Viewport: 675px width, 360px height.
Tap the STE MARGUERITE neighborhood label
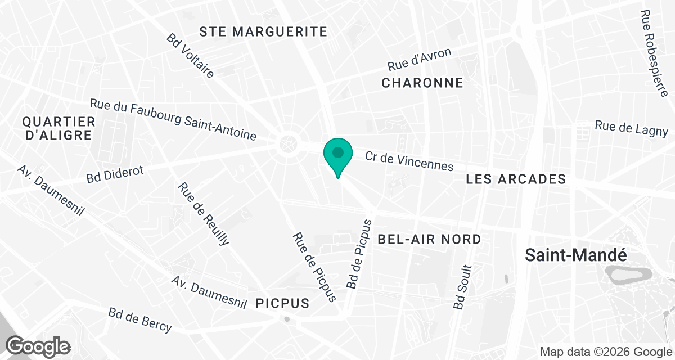pyautogui.click(x=264, y=31)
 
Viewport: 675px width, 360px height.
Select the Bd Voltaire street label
pyautogui.click(x=191, y=55)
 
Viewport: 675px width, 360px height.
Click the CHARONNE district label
pyautogui.click(x=422, y=83)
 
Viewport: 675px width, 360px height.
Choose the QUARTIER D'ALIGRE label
pyautogui.click(x=58, y=128)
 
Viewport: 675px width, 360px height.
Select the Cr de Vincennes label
pyautogui.click(x=409, y=161)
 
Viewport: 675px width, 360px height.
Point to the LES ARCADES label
pyautogui.click(x=516, y=179)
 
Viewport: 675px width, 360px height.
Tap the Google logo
pyautogui.click(x=38, y=345)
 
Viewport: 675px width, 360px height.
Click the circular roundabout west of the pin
pyautogui.click(x=289, y=145)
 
